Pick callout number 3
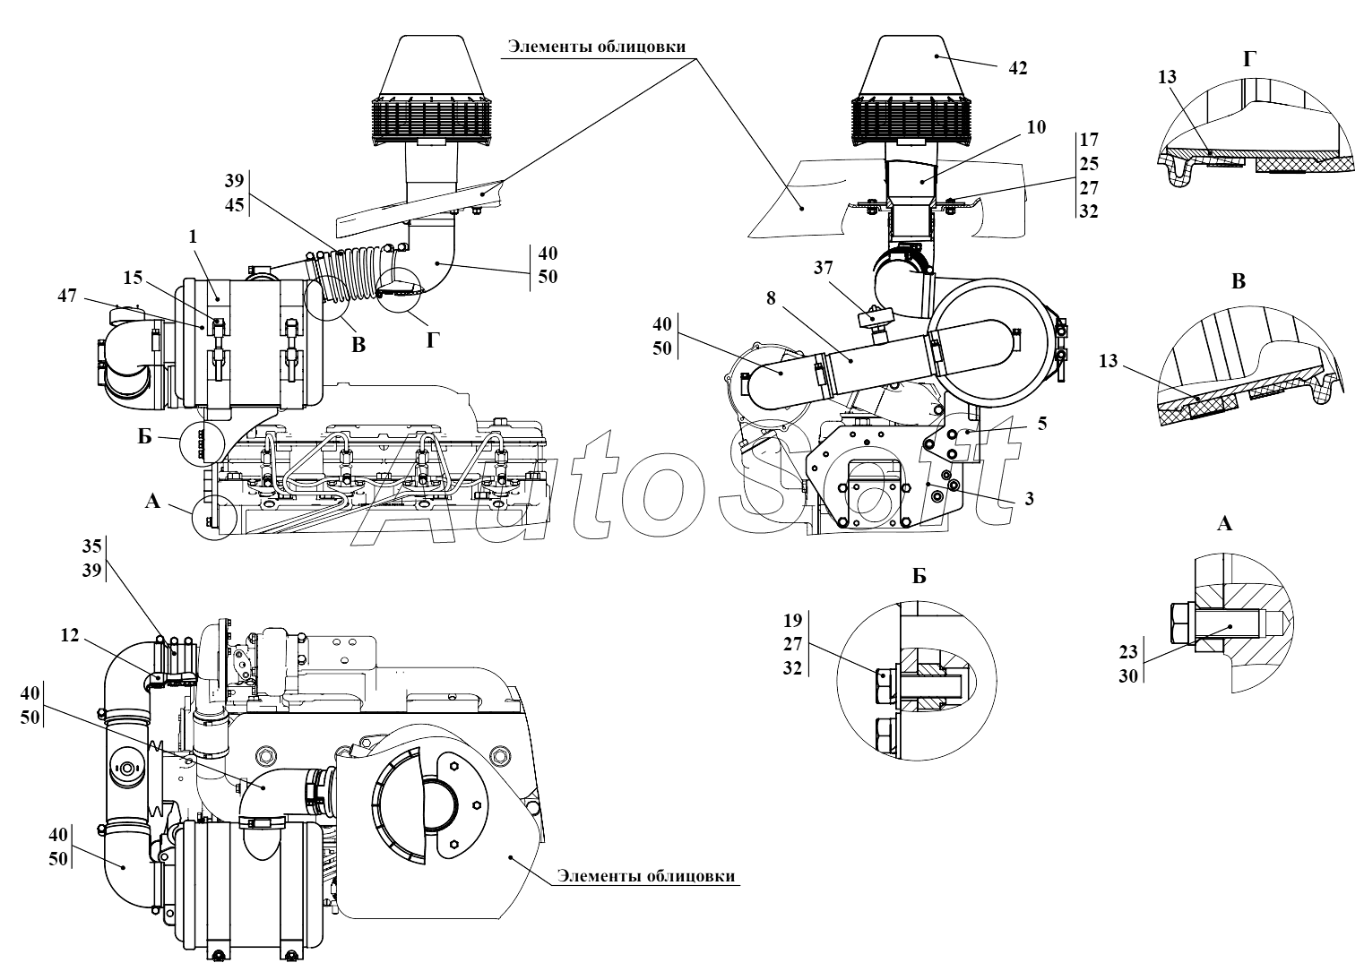tap(1030, 497)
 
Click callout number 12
tap(70, 635)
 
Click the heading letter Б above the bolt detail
tap(919, 577)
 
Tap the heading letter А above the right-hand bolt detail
tap(1224, 524)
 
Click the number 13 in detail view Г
tap(1167, 78)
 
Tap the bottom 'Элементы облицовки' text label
tap(644, 875)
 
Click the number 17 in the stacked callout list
tap(1089, 140)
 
